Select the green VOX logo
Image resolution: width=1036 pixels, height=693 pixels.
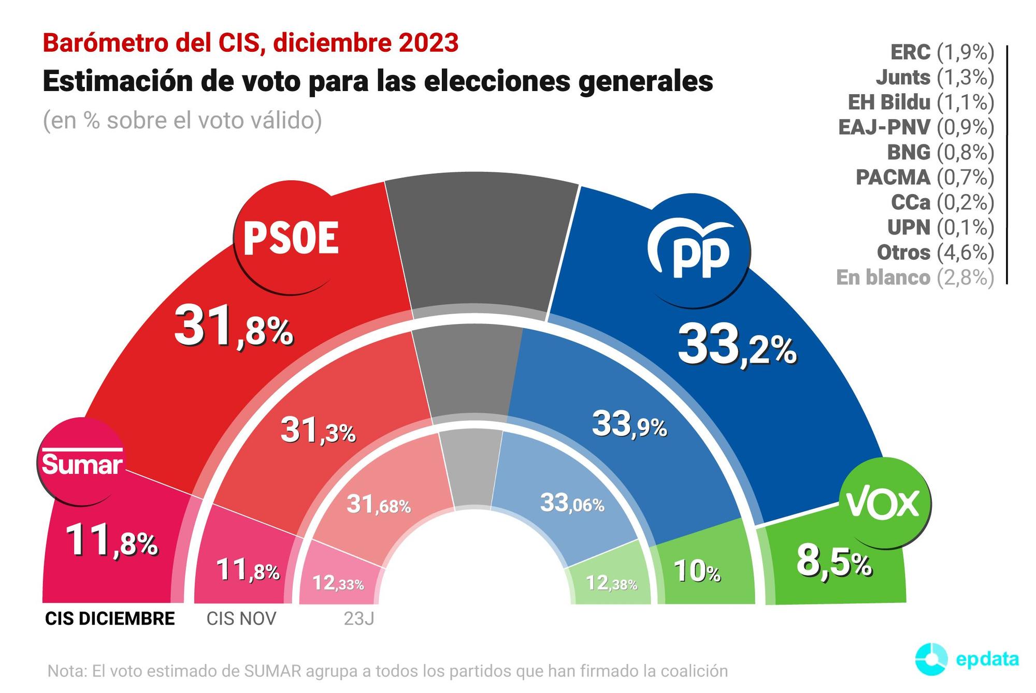pyautogui.click(x=884, y=503)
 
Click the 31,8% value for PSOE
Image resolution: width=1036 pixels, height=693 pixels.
pyautogui.click(x=234, y=327)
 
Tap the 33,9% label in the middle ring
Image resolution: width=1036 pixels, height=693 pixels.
pyautogui.click(x=629, y=424)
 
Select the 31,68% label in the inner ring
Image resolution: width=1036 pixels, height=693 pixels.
pyautogui.click(x=378, y=504)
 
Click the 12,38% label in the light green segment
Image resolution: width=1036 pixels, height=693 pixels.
pyautogui.click(x=611, y=583)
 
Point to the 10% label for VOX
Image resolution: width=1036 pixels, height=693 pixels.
pyautogui.click(x=697, y=572)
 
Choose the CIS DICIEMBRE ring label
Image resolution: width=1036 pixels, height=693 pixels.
pyautogui.click(x=110, y=618)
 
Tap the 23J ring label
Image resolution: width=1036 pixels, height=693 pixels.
pyautogui.click(x=358, y=618)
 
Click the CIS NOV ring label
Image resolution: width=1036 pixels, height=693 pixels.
pyautogui.click(x=241, y=618)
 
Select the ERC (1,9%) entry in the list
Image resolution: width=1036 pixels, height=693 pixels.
pyautogui.click(x=942, y=52)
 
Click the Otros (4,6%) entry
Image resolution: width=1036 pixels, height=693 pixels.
pyautogui.click(x=935, y=253)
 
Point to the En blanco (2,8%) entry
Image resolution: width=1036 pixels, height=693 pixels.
pyautogui.click(x=915, y=278)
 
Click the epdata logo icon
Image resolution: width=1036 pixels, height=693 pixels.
pyautogui.click(x=931, y=659)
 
